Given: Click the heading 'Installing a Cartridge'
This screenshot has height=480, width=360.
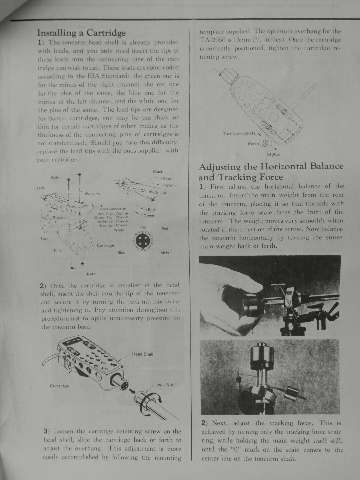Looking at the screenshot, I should (x=81, y=33).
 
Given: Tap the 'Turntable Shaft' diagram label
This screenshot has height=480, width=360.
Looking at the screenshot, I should (x=239, y=134).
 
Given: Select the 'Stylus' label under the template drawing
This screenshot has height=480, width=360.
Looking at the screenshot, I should (x=273, y=154).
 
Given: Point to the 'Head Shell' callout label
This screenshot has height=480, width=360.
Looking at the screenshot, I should (x=143, y=354).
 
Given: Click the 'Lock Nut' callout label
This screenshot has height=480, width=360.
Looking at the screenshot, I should (x=164, y=385).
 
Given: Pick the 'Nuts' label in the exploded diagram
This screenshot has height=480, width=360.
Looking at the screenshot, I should (x=91, y=274).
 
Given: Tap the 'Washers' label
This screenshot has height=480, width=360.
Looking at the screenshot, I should (x=92, y=194).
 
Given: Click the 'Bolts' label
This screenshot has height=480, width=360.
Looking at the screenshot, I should (x=56, y=177).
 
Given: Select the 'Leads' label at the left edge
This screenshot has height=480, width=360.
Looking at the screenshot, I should (x=40, y=188).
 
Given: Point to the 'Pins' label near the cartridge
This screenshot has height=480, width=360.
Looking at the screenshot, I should (x=57, y=250).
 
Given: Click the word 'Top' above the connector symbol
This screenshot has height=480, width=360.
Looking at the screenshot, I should (x=143, y=227).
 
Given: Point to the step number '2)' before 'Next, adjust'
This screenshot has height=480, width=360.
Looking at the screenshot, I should (x=205, y=423).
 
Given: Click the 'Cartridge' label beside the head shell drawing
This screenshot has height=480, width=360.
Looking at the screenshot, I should (x=59, y=386).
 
